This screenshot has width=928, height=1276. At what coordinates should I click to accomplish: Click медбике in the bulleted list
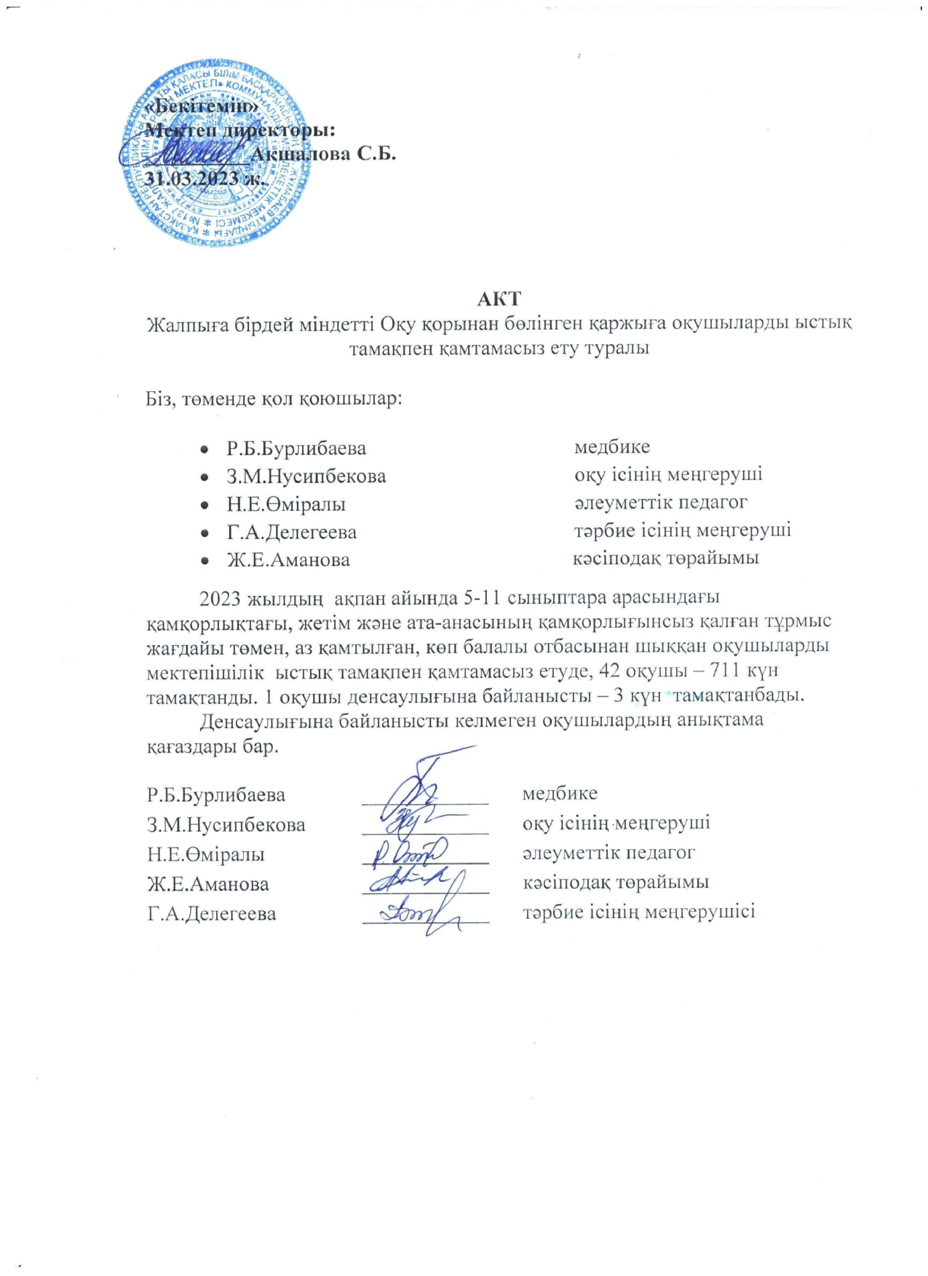(611, 448)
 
